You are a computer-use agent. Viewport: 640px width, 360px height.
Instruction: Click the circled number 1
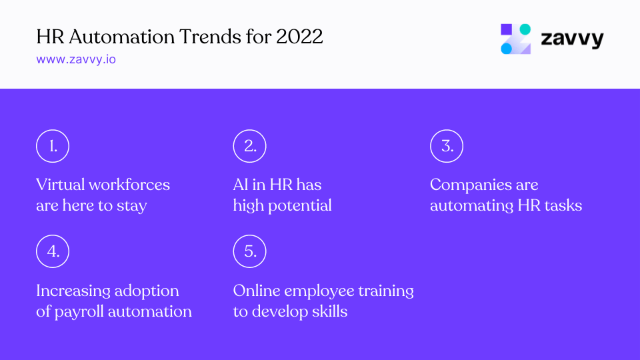click(53, 146)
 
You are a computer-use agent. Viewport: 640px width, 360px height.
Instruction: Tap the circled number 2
click(250, 146)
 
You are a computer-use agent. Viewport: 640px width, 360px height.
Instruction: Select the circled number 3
click(447, 146)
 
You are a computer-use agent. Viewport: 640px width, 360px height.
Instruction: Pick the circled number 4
click(53, 251)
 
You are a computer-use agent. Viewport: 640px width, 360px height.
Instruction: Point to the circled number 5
click(250, 251)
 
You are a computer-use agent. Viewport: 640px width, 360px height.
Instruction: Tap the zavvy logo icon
click(516, 39)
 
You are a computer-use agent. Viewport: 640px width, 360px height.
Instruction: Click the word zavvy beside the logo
click(571, 39)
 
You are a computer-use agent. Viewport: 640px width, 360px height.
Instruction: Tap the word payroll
click(79, 311)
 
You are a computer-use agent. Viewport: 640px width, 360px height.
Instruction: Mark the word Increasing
click(73, 291)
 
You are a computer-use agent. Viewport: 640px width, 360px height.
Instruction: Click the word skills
click(327, 311)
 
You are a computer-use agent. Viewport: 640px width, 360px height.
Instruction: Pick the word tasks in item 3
click(561, 205)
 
